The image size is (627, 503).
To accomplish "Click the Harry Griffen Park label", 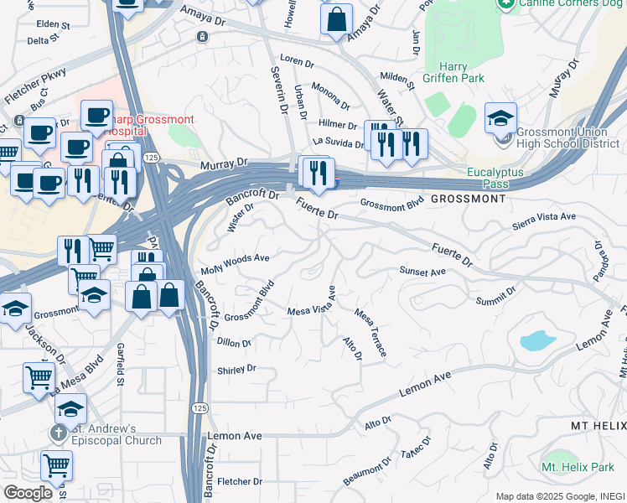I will point(462,73).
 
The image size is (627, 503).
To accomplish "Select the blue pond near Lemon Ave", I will point(537,340).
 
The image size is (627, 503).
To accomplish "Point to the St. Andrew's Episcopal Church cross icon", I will point(57,433).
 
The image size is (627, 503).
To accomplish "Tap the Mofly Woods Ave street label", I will point(235,264).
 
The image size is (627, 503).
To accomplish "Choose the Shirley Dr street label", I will point(236,369).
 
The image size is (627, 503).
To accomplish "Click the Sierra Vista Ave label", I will point(545,216).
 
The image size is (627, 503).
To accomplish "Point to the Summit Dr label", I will point(495,296).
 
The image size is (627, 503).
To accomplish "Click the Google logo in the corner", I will point(28,492).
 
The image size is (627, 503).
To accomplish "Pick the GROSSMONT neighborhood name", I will point(469,200).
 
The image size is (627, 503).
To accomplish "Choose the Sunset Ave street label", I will point(422,272).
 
